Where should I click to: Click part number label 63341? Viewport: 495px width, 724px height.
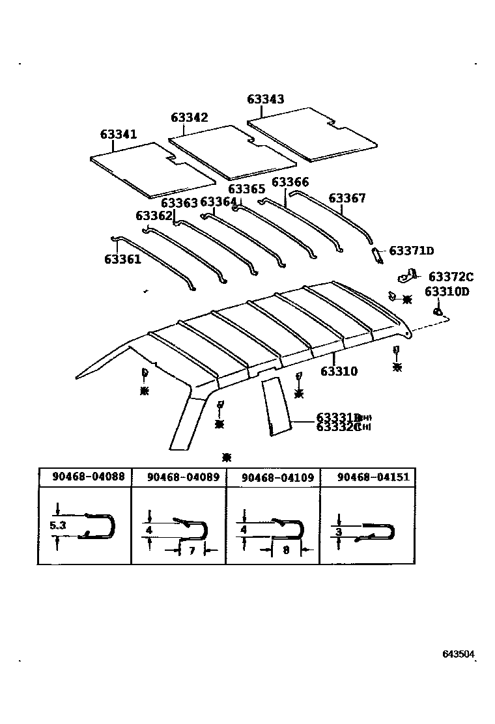(119, 134)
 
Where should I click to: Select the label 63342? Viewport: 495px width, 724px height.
(190, 117)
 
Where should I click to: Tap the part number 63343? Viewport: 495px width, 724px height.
(265, 99)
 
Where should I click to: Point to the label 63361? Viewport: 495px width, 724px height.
(122, 259)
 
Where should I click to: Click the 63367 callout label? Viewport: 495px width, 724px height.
(347, 198)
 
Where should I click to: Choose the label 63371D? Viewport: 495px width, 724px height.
(412, 251)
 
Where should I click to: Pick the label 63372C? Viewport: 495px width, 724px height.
(451, 277)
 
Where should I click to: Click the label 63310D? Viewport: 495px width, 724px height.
(447, 291)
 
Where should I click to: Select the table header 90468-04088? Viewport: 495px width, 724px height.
(89, 477)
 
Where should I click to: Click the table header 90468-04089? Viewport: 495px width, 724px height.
(183, 477)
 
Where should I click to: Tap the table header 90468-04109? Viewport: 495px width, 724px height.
(277, 477)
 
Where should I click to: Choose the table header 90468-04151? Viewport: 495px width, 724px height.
(373, 477)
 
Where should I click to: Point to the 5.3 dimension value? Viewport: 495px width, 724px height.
(57, 525)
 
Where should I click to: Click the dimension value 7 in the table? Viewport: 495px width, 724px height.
(191, 551)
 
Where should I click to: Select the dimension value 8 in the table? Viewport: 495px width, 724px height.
(286, 551)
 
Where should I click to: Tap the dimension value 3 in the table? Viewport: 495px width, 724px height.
(339, 532)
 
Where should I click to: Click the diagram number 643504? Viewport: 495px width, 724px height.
(459, 653)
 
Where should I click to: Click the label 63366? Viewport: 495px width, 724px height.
(290, 182)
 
